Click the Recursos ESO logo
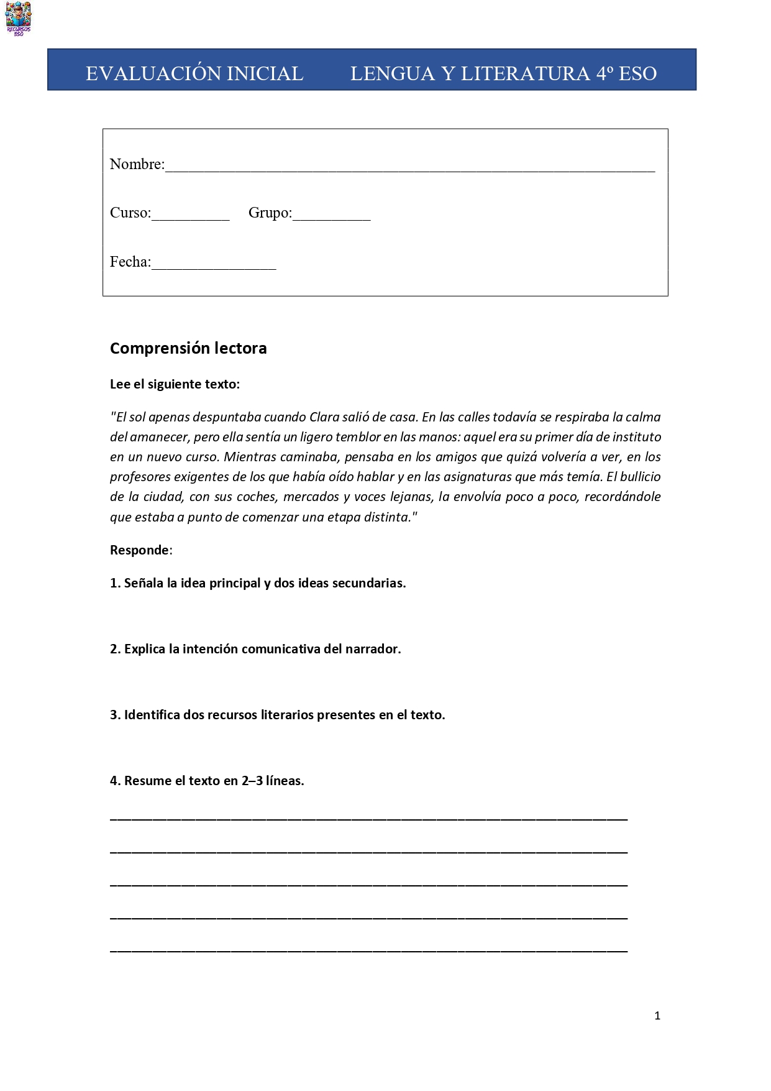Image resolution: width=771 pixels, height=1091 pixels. tap(18, 18)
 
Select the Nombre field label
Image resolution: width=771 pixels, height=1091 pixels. tap(137, 164)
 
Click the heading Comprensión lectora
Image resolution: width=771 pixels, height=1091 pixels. tap(188, 348)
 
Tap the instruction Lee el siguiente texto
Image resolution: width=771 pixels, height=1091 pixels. tap(175, 384)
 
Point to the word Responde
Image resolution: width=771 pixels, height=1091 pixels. tap(139, 550)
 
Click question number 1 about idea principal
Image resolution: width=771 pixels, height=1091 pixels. tap(258, 583)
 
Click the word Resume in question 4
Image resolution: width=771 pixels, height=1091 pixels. tap(145, 781)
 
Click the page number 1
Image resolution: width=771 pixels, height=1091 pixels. tap(657, 1016)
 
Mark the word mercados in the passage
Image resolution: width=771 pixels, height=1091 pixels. tap(310, 497)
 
